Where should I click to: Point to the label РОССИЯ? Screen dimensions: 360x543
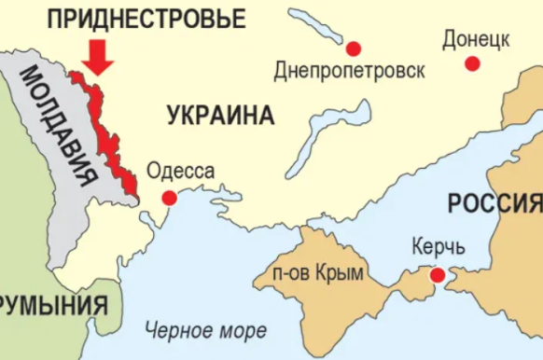coord(494,203)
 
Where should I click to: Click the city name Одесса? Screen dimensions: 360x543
coord(181,171)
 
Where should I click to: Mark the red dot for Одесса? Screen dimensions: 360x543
coord(169,198)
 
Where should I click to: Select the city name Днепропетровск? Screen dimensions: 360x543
coord(350,70)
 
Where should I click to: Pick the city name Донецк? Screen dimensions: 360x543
coord(475,40)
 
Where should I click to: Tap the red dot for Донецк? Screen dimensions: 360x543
coord(473,63)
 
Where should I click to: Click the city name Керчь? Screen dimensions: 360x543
coord(437,249)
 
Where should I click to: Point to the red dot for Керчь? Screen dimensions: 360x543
coord(436,275)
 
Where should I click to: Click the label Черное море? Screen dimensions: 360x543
coord(205,329)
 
